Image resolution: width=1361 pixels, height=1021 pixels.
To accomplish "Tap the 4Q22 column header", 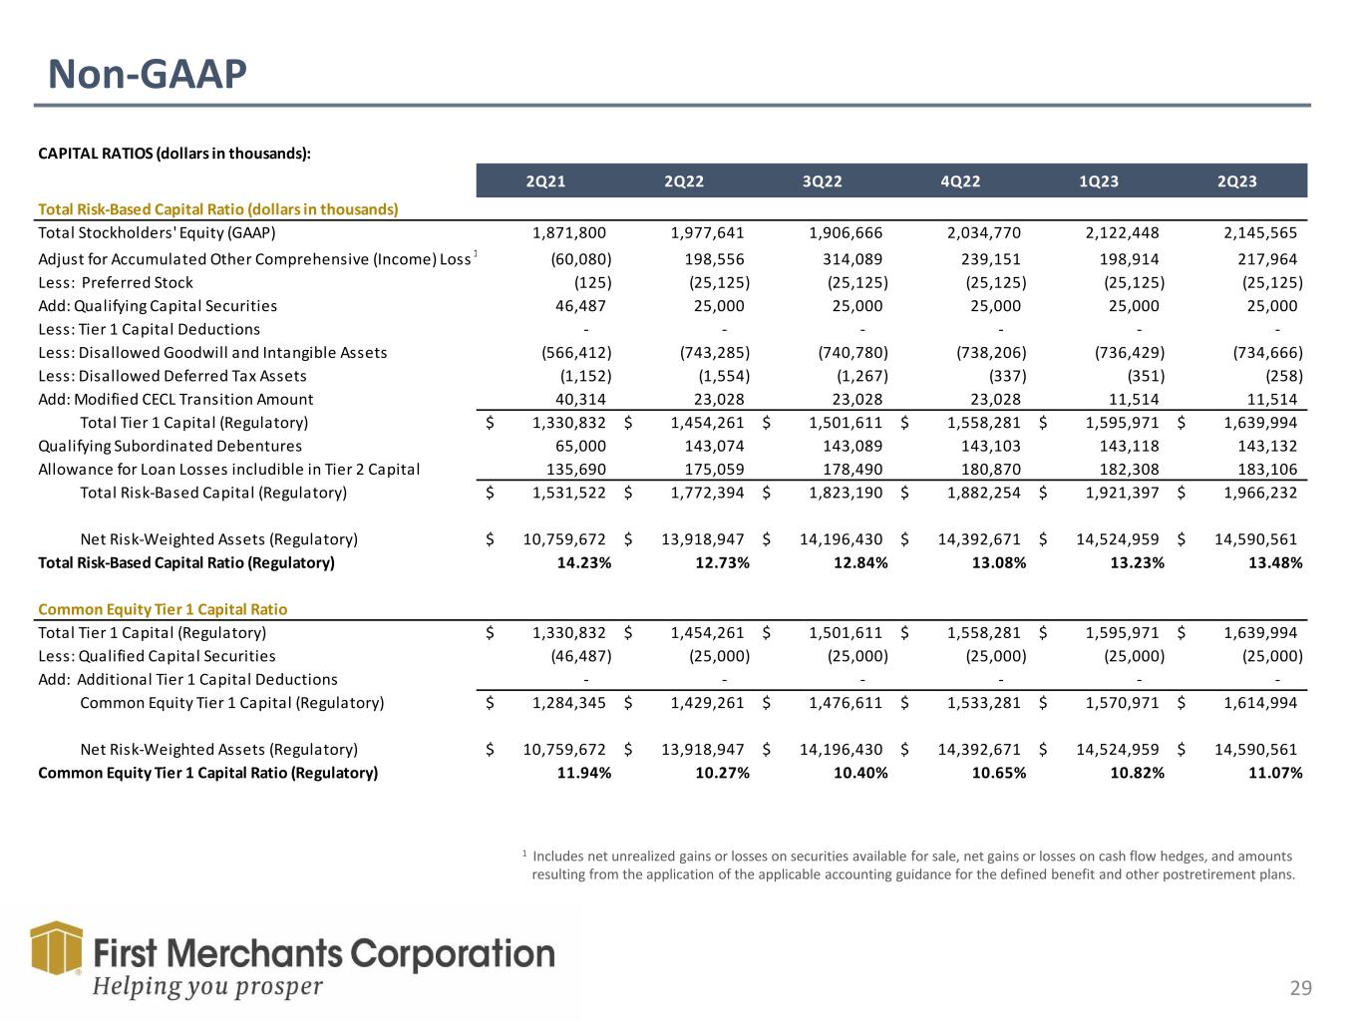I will (960, 180).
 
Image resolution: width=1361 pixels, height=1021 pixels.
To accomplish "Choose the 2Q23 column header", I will (1236, 180).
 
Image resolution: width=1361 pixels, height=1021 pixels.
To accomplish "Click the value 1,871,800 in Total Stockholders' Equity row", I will (569, 233).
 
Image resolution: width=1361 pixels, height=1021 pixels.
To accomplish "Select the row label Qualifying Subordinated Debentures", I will (170, 446).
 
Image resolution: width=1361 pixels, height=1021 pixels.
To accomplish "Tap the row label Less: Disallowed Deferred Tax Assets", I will (171, 376).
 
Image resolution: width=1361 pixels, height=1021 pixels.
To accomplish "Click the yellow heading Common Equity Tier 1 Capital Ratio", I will (162, 609).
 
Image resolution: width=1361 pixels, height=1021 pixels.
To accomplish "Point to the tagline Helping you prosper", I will (208, 987).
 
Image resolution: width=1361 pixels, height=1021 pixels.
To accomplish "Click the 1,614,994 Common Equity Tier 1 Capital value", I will (1259, 702).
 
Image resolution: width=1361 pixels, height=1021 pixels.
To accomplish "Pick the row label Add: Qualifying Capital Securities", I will (158, 306).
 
